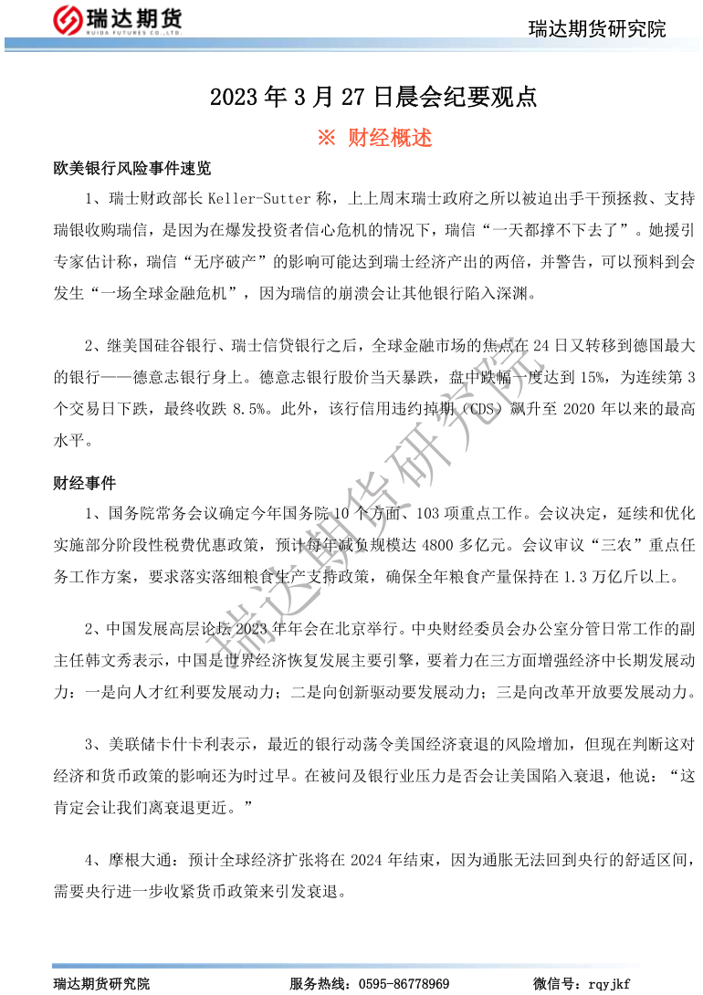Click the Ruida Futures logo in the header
tap(120, 19)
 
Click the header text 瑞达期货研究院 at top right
tap(597, 29)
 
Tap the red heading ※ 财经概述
tap(374, 138)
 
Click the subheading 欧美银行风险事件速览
tap(132, 169)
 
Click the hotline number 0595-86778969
tap(404, 983)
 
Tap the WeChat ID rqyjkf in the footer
tap(610, 983)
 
